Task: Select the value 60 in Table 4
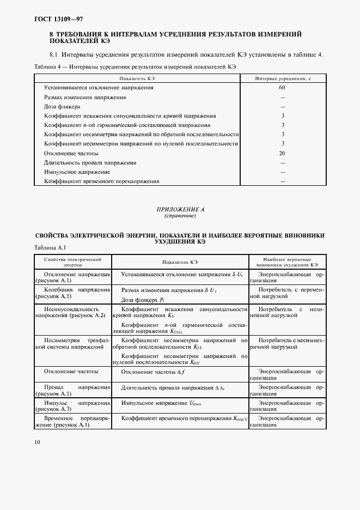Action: tap(282, 87)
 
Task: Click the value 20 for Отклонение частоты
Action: tap(282, 153)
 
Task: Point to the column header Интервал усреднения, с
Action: tap(282, 78)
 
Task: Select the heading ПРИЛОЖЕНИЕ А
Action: tap(180, 209)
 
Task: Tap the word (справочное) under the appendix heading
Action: tap(180, 216)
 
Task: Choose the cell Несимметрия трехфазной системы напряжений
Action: tap(73, 343)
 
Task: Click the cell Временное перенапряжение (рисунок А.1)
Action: tap(73, 421)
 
